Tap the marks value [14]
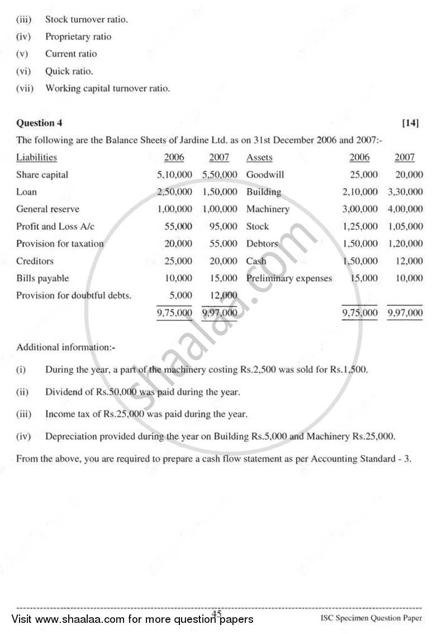coord(411,123)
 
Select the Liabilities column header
coord(36,157)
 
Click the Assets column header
coord(259,157)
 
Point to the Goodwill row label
coord(265,175)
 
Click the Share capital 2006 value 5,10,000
coord(175,175)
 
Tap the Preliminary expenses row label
coord(289,278)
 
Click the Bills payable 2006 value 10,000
coord(180,278)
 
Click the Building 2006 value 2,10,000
coord(360,192)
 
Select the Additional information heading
coord(65,347)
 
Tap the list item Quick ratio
coord(69,71)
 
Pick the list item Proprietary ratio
coord(78,37)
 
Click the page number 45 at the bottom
coord(217,614)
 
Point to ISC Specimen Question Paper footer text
coord(372,618)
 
